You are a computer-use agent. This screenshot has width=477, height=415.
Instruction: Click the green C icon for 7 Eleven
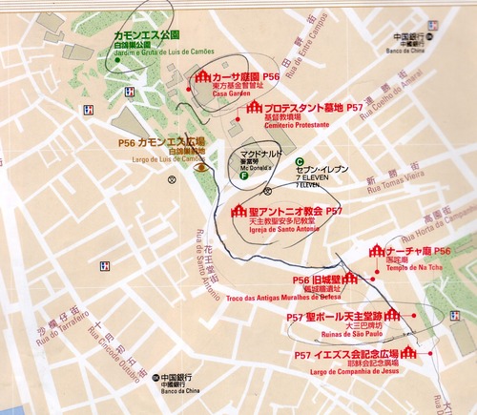tap(299, 161)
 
